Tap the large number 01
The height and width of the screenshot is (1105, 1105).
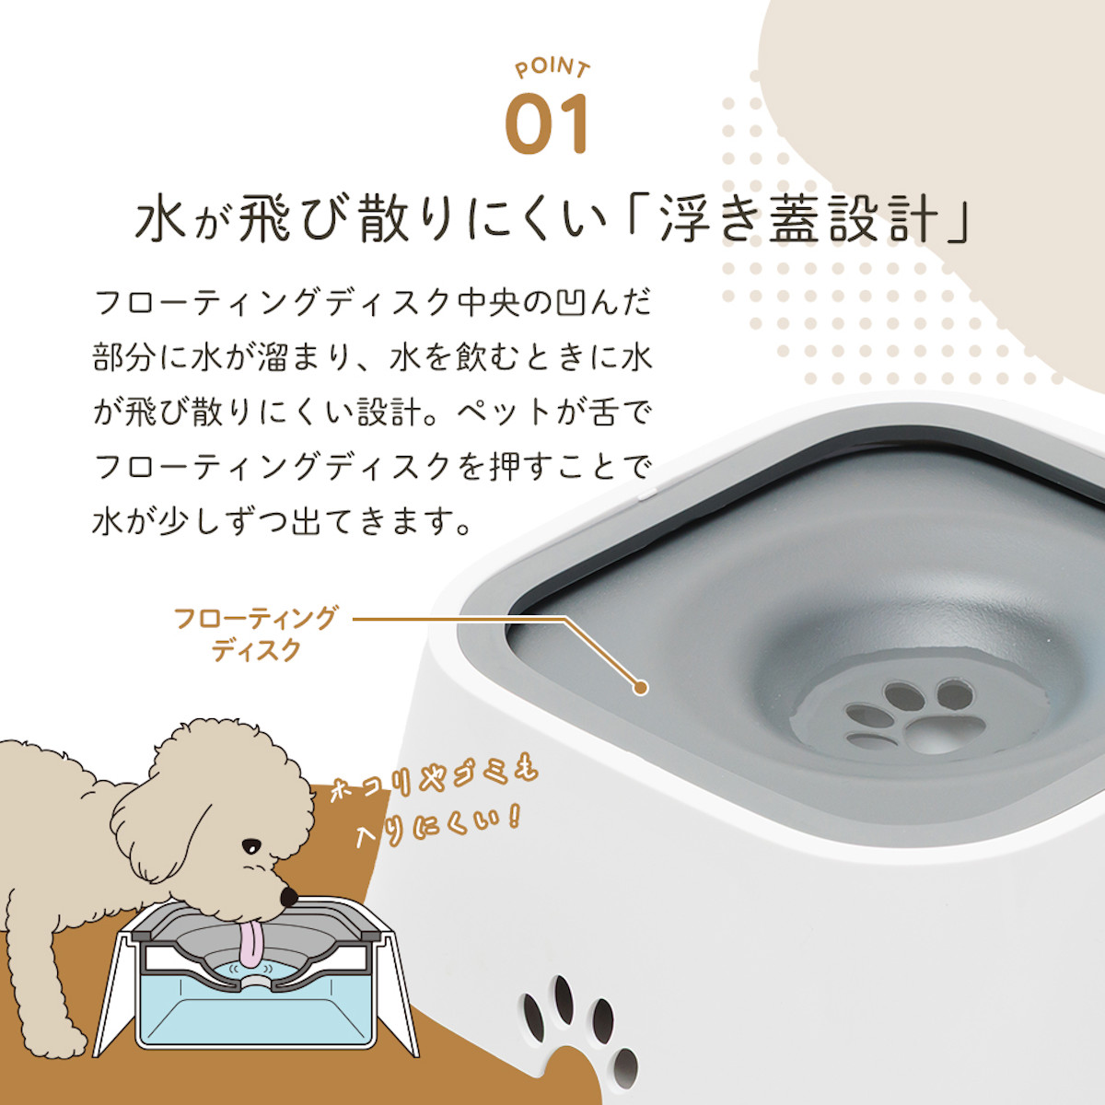click(x=548, y=124)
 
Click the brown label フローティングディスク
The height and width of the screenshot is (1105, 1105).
click(x=254, y=634)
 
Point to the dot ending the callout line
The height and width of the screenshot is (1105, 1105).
click(x=642, y=688)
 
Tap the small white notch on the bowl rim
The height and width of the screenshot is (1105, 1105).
click(x=646, y=492)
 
